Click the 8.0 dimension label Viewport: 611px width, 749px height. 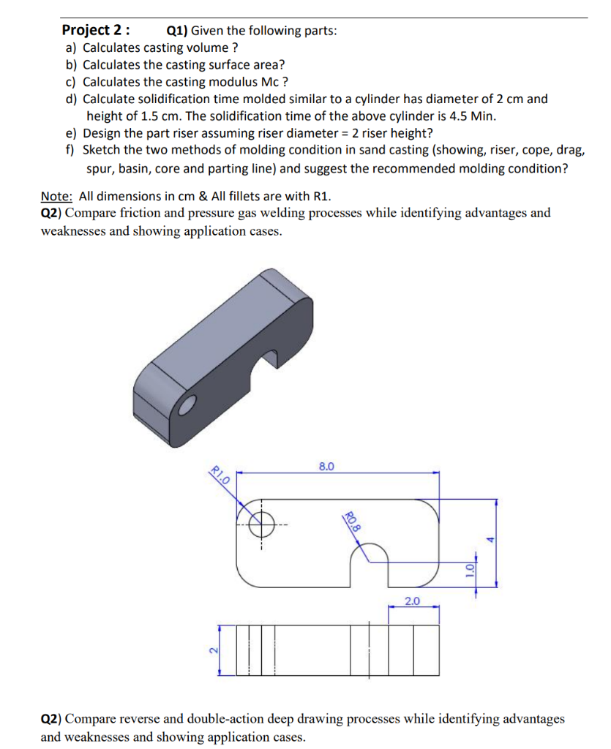326,465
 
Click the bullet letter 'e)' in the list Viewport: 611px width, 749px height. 72,132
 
